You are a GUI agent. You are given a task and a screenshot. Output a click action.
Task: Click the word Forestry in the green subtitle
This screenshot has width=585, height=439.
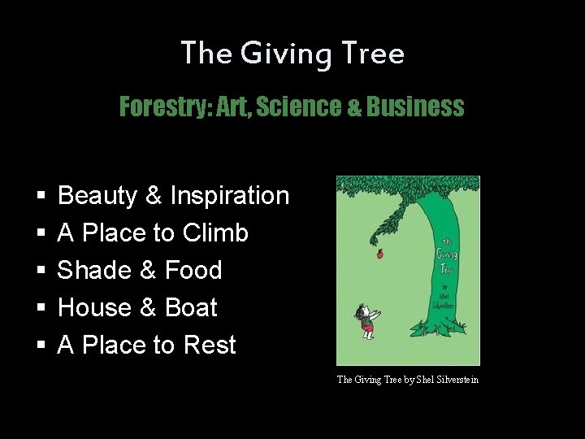click(x=163, y=107)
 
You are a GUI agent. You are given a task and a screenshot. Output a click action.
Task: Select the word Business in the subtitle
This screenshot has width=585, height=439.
click(x=415, y=107)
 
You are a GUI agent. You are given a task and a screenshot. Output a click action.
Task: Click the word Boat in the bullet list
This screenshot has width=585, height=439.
click(x=191, y=308)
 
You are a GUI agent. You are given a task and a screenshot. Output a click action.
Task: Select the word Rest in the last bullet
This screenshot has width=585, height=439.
click(x=210, y=346)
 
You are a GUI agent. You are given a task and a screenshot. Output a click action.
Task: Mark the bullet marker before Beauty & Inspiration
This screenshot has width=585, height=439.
click(x=41, y=197)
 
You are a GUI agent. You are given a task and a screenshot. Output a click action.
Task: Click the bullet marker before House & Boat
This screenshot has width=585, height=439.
click(x=41, y=309)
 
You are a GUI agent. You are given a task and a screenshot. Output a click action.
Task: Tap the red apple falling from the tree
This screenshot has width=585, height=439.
click(x=377, y=255)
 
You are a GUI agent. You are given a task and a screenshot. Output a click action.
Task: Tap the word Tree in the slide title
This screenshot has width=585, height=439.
click(x=374, y=54)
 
